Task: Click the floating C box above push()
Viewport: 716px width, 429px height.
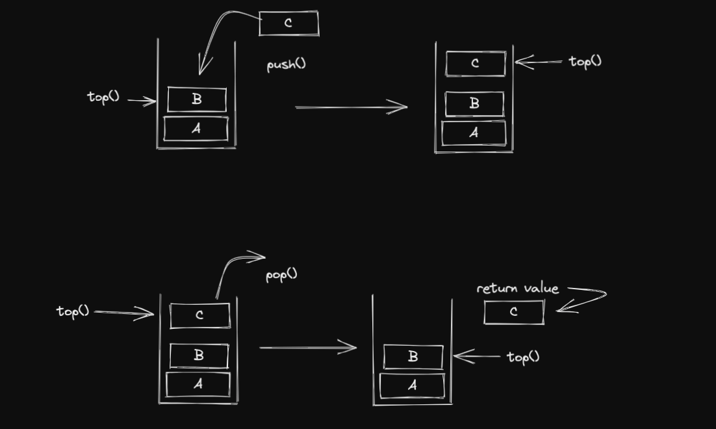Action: (288, 23)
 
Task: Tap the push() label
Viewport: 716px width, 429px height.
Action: (286, 65)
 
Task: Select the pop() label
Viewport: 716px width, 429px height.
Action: (281, 274)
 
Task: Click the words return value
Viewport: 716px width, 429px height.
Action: (517, 289)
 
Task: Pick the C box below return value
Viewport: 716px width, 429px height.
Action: (514, 312)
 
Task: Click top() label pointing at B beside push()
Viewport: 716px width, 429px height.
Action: (104, 97)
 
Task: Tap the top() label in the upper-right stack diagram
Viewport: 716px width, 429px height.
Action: (585, 61)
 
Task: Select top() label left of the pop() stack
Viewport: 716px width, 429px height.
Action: (73, 311)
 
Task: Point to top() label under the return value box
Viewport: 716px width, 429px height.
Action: (523, 356)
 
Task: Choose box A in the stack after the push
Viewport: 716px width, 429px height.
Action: (474, 133)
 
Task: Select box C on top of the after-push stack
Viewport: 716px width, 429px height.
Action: (476, 64)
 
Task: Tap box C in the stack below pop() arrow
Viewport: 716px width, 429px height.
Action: (199, 315)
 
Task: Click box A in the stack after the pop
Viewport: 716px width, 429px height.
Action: (412, 385)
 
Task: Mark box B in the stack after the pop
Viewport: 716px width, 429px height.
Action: (413, 357)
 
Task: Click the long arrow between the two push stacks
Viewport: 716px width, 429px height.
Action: (351, 107)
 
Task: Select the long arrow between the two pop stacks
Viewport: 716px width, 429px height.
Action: (307, 348)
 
